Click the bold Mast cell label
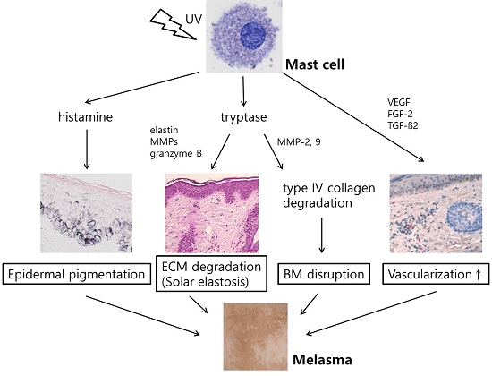[315, 64]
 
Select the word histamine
[85, 117]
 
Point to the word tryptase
[244, 117]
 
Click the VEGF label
[398, 102]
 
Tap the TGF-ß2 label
[403, 125]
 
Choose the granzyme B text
[175, 154]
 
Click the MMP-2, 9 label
[299, 142]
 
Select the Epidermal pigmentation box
[77, 275]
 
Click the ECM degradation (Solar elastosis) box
[211, 274]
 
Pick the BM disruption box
[324, 274]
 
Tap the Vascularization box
[436, 274]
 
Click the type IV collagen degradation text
[329, 195]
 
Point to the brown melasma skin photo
[256, 337]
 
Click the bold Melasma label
[322, 360]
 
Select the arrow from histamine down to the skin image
[87, 150]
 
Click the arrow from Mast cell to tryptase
[243, 91]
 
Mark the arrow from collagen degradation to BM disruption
[321, 235]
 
